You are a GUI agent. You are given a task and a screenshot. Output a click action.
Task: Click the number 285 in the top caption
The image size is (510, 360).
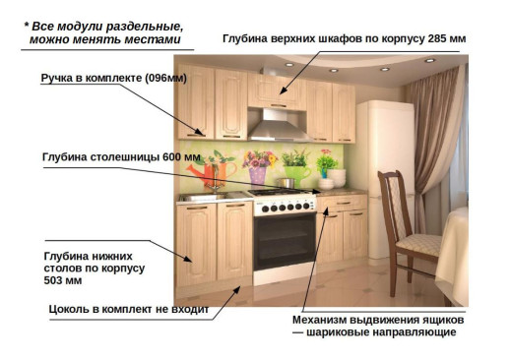click(x=430, y=38)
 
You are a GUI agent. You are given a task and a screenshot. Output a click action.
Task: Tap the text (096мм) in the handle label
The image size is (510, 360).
click(x=162, y=76)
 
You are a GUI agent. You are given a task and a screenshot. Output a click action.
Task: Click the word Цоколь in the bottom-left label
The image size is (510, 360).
click(x=72, y=308)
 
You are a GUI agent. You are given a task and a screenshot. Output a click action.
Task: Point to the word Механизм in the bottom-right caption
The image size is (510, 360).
click(x=326, y=321)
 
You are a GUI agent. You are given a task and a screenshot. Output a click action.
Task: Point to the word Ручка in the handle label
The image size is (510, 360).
click(x=59, y=76)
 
